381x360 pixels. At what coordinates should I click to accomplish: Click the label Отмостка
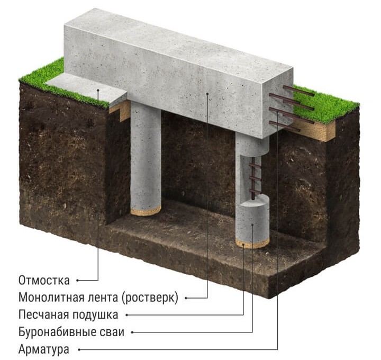(44, 280)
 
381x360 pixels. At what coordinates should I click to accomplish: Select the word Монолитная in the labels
(51, 298)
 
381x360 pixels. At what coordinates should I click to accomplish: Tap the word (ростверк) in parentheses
(150, 298)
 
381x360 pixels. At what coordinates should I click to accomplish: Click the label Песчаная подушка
(68, 315)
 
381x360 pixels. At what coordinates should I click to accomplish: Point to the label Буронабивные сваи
(71, 332)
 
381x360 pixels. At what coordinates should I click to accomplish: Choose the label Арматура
(44, 349)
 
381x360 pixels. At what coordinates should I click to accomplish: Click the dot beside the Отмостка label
(77, 280)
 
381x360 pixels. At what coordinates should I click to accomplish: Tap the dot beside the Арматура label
(79, 350)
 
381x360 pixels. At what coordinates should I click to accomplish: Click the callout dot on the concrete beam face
(207, 93)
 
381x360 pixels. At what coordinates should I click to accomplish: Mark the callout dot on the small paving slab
(98, 90)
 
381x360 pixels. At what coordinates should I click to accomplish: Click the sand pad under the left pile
(146, 211)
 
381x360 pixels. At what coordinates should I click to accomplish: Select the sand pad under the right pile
(252, 243)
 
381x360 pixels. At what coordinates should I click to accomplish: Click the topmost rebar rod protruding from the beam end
(299, 91)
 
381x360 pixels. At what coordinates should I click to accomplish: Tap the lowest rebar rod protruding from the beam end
(284, 127)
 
